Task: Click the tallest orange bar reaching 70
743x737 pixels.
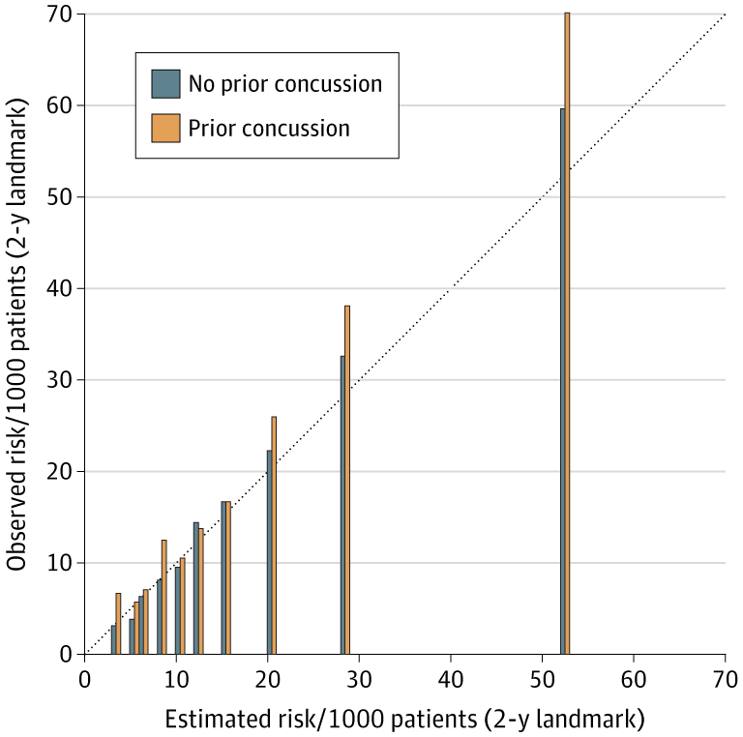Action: point(567,334)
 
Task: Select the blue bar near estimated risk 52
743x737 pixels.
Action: point(562,381)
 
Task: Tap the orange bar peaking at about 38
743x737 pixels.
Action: point(347,480)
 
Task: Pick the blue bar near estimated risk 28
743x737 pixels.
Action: point(342,505)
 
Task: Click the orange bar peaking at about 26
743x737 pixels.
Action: point(274,535)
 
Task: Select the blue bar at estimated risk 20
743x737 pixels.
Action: point(269,552)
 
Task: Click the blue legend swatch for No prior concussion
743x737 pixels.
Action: point(165,84)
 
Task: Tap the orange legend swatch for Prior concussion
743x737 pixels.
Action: point(165,128)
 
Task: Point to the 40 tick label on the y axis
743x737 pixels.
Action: point(60,288)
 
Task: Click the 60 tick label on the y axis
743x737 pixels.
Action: point(60,104)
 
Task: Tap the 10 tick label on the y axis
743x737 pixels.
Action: point(60,563)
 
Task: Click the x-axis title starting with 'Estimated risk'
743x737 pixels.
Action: point(404,720)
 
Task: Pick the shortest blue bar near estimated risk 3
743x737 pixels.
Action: point(113,639)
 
